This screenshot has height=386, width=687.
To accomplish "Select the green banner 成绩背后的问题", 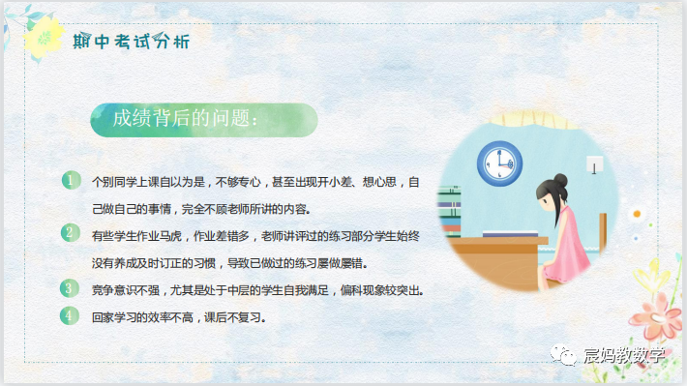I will pyautogui.click(x=184, y=120).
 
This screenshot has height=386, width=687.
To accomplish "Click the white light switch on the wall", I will pyautogui.click(x=596, y=165).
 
